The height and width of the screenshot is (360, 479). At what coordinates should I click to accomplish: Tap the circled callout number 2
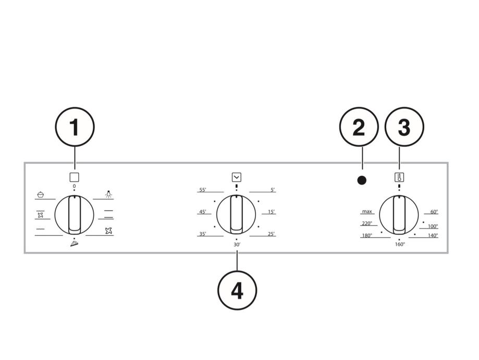[359, 128]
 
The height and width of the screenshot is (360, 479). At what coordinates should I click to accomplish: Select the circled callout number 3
[404, 128]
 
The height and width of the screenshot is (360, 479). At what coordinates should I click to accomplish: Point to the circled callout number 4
[237, 291]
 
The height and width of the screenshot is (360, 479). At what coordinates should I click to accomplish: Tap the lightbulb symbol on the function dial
[108, 194]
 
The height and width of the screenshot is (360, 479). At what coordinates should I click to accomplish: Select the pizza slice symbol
[75, 244]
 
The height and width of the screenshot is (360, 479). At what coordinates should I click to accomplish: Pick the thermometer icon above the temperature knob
[399, 177]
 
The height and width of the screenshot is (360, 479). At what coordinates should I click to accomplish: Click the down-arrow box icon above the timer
[236, 177]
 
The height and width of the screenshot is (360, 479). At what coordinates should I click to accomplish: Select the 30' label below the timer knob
[237, 244]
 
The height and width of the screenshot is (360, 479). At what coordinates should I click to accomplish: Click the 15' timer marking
[271, 212]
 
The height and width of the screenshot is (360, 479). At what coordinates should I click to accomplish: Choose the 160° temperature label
[399, 244]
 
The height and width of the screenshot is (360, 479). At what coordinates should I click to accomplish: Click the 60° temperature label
[434, 212]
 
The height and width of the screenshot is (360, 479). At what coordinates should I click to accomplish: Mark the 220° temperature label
[366, 223]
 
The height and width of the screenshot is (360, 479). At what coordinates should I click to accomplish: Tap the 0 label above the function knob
[75, 186]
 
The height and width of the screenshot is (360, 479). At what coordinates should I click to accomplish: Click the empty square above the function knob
[75, 177]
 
